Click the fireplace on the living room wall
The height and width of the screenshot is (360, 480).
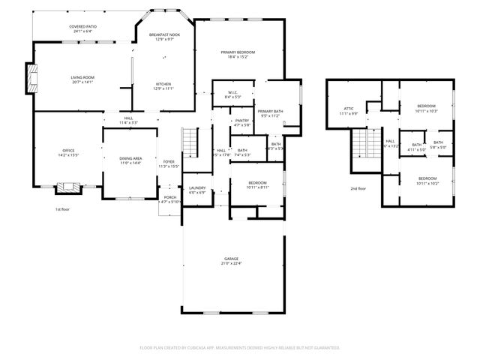(31, 78)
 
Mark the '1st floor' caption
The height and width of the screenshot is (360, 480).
(64, 209)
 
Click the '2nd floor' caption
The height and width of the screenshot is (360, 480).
(358, 188)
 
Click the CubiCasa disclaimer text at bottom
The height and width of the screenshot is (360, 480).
(240, 347)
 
